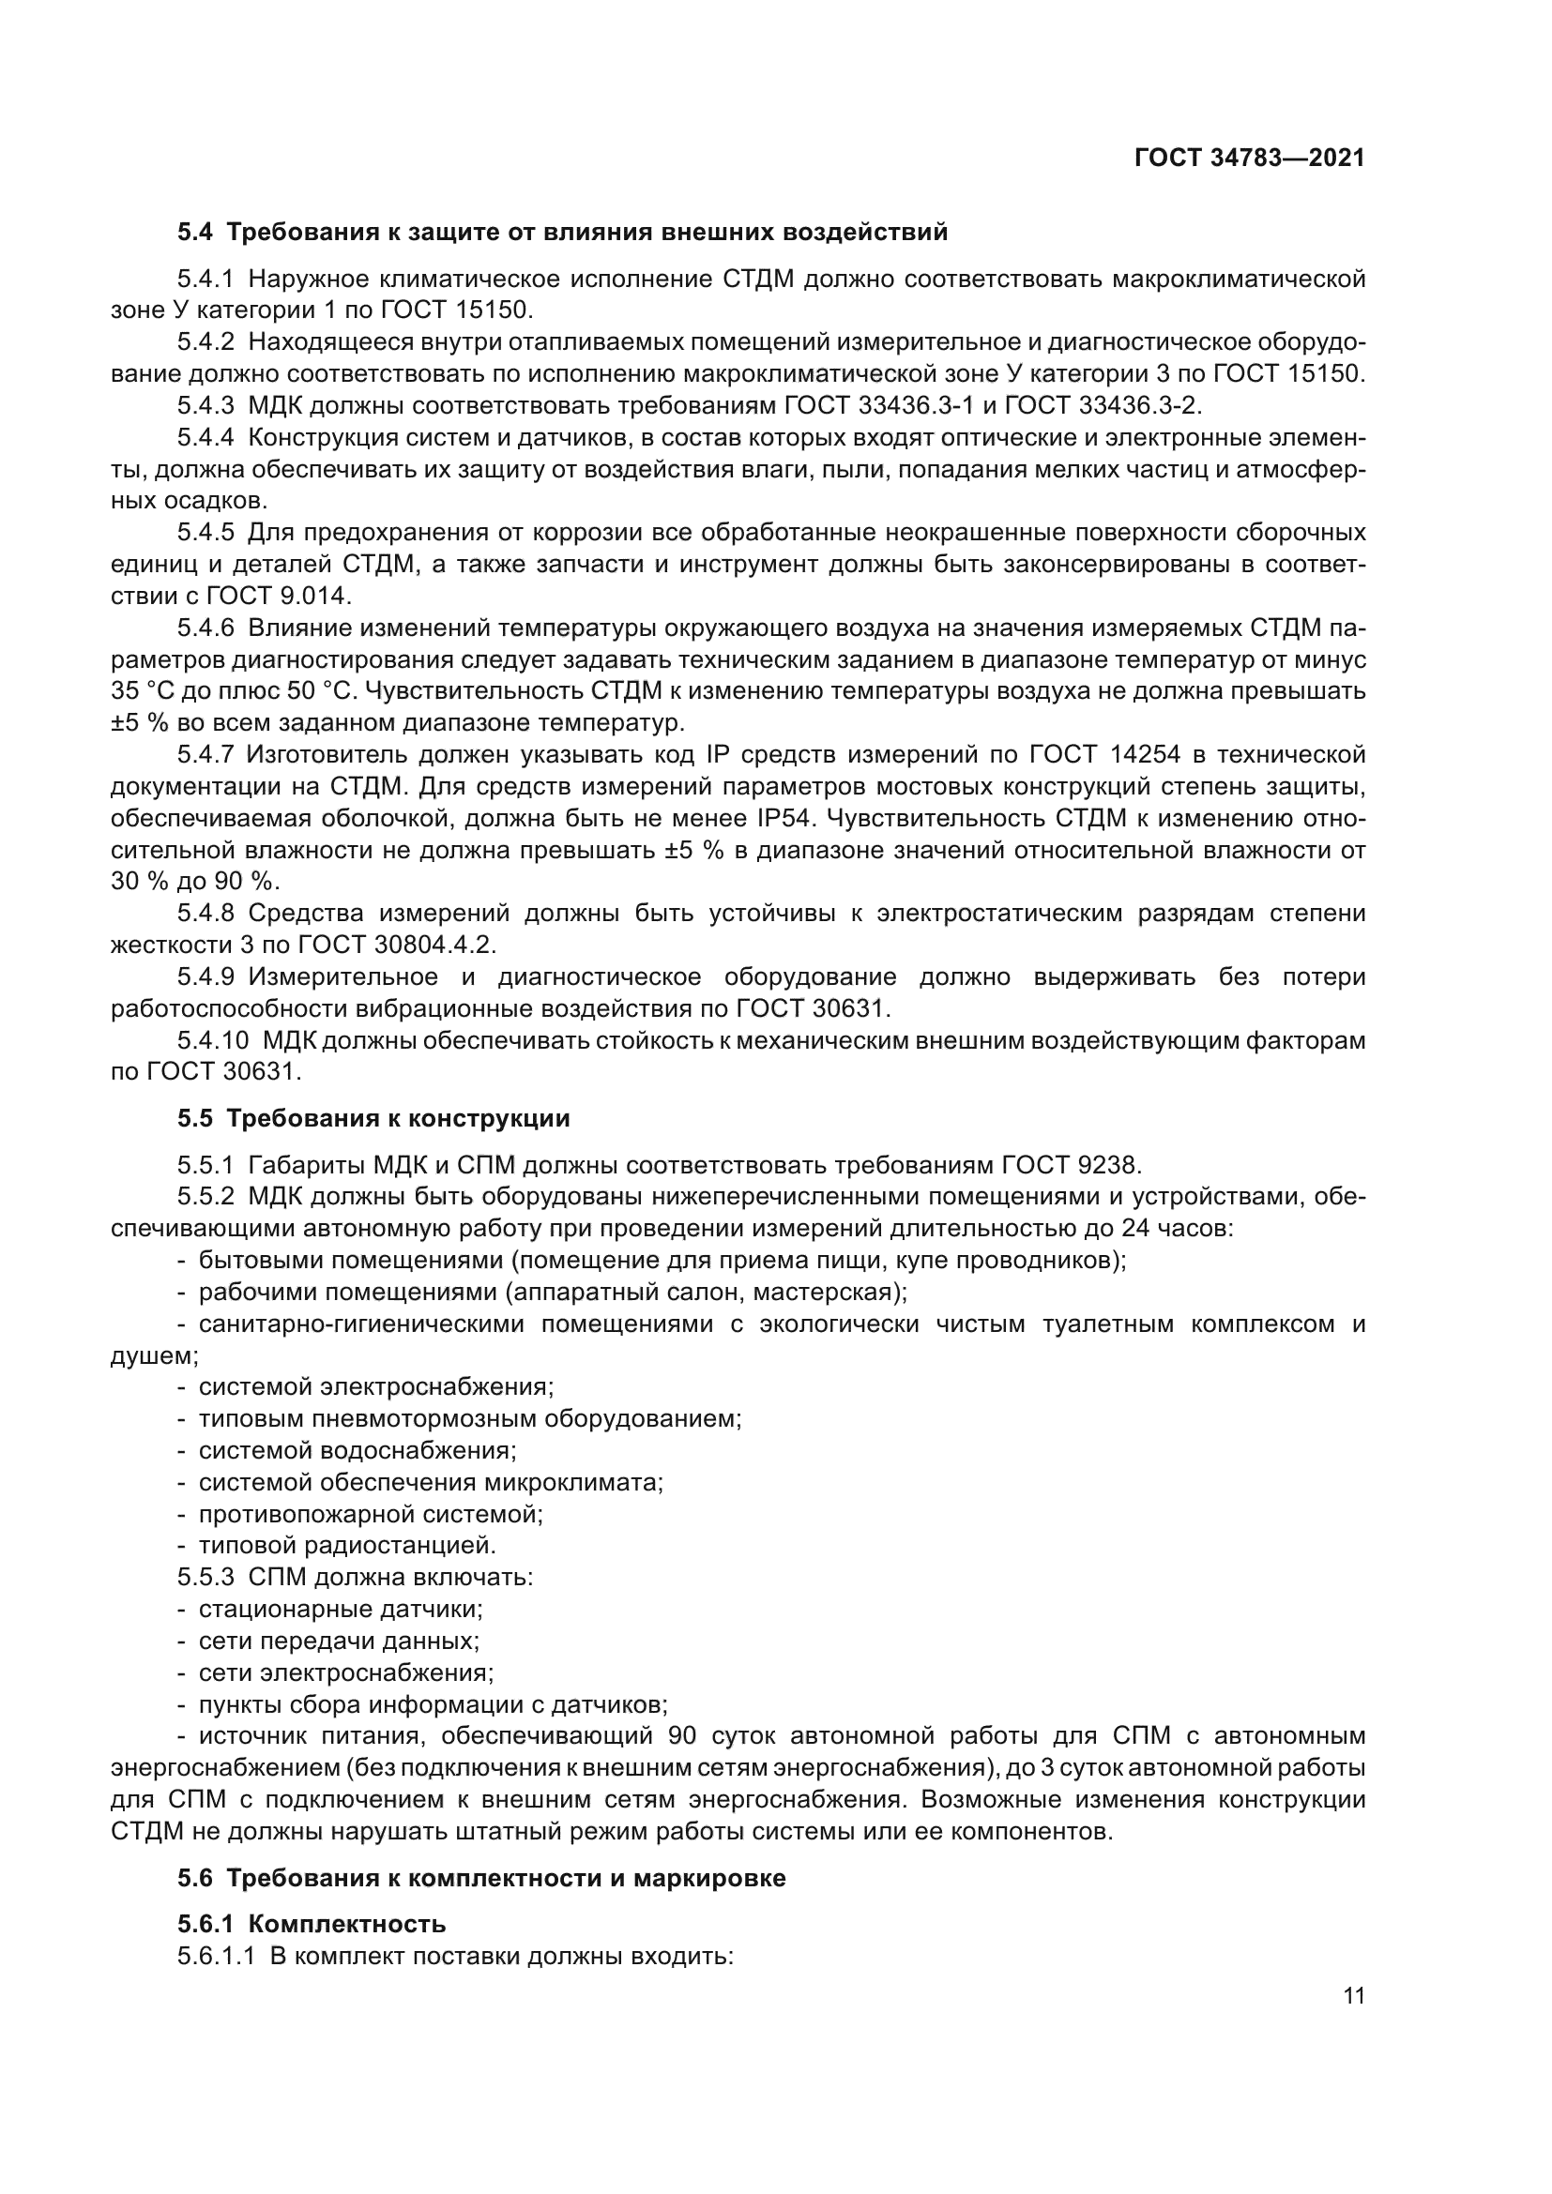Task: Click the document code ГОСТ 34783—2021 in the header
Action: coord(1249,159)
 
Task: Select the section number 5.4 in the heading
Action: coord(196,233)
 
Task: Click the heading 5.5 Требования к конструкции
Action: coord(373,1118)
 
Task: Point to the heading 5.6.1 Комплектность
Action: coord(312,1924)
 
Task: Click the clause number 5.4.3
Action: coord(205,406)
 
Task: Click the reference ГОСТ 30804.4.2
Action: coord(397,946)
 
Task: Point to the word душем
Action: coord(153,1355)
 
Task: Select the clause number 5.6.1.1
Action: coord(216,1956)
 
